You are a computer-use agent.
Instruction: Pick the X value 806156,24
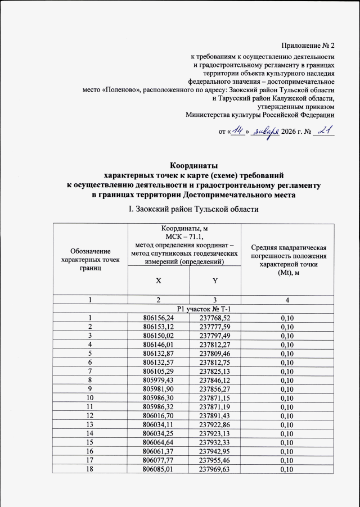pyautogui.click(x=159, y=318)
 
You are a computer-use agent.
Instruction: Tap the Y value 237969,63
pyautogui.click(x=215, y=469)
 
